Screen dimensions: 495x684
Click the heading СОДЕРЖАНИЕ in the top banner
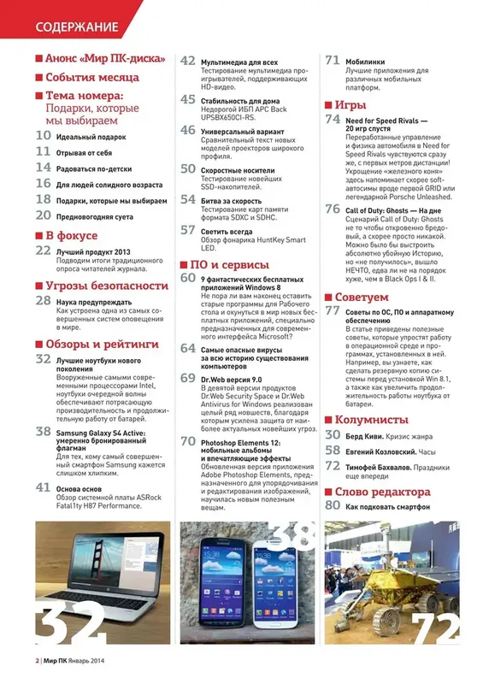[76, 27]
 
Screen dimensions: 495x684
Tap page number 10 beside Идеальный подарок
[43, 135]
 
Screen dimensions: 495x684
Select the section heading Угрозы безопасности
[106, 285]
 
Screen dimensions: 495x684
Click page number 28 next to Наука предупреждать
[43, 301]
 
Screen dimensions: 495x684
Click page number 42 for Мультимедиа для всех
[188, 62]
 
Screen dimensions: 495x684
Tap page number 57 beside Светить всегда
[188, 230]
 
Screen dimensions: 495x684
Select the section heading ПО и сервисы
[231, 264]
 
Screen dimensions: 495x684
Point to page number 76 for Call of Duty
[333, 209]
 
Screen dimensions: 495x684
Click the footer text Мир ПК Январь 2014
[78, 661]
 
